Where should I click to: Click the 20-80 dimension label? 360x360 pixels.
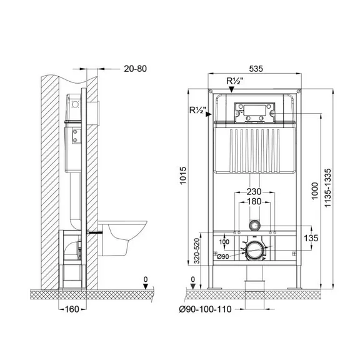[135, 69]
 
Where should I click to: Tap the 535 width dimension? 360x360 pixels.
[256, 69]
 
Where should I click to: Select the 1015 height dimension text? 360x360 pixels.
[183, 176]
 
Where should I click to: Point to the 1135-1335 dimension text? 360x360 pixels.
[328, 187]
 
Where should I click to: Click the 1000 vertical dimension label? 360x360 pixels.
[315, 191]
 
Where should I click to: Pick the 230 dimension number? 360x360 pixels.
[254, 191]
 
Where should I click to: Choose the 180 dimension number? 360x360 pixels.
[254, 202]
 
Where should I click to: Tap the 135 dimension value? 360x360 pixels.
[311, 238]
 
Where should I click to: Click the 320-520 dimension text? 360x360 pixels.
[197, 251]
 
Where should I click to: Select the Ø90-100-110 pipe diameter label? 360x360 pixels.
[205, 309]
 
